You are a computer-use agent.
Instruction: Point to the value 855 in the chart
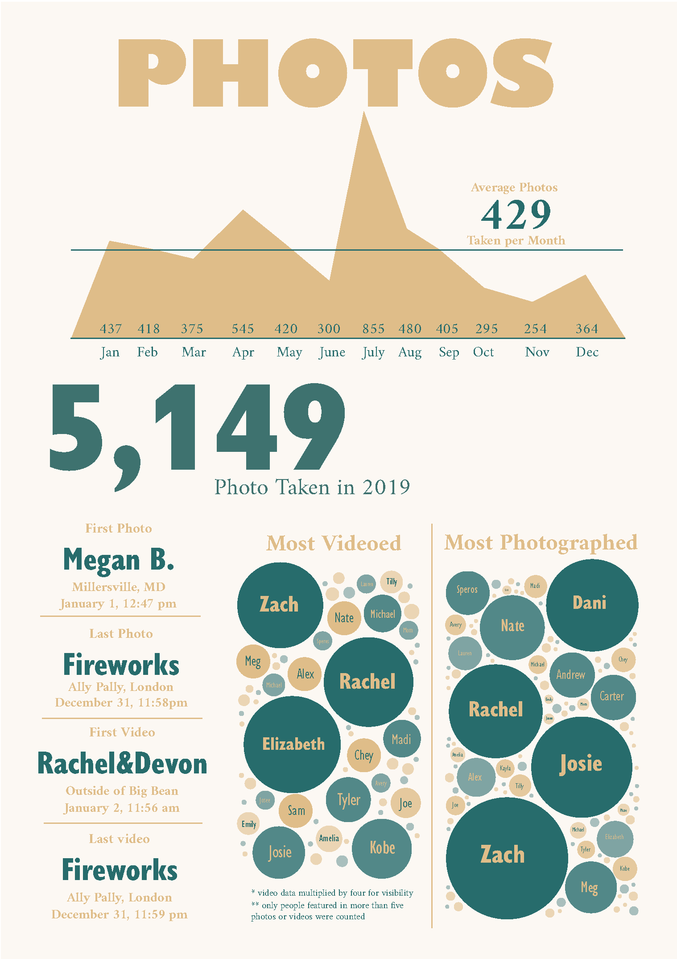[x=373, y=329]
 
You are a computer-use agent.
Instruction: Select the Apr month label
[x=243, y=352]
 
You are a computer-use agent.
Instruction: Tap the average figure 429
[x=516, y=215]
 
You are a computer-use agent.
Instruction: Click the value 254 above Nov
[x=535, y=329]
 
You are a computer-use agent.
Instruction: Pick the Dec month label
[x=587, y=352]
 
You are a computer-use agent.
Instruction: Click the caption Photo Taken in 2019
[x=312, y=487]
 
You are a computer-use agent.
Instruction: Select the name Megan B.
[x=119, y=559]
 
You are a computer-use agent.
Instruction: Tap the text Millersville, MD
[x=119, y=587]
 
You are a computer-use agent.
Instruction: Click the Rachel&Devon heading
[x=122, y=764]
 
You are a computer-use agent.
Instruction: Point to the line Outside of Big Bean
[x=122, y=791]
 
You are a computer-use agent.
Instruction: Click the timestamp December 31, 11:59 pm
[x=120, y=914]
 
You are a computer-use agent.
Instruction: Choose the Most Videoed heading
[x=334, y=543]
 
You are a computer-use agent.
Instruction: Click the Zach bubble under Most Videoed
[x=280, y=605]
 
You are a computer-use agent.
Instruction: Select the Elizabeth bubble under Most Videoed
[x=293, y=744]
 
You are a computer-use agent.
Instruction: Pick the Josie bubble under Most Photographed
[x=581, y=764]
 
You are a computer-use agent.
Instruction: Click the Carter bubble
[x=613, y=697]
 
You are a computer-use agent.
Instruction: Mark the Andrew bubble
[x=571, y=675]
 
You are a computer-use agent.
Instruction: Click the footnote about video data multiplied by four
[x=332, y=893]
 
